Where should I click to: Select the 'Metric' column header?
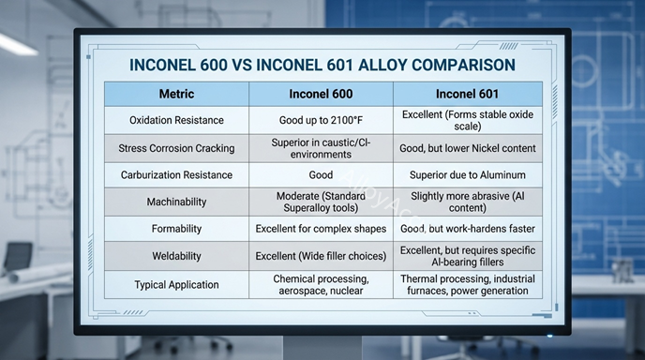click(176, 94)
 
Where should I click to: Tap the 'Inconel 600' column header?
click(321, 94)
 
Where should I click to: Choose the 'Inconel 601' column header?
click(467, 94)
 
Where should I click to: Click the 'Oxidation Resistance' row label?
click(177, 120)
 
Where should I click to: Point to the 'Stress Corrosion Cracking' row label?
click(177, 148)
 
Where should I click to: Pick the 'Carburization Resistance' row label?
click(177, 175)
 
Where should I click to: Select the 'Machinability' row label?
click(177, 202)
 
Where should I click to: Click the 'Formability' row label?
click(177, 229)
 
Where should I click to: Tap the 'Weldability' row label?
click(177, 256)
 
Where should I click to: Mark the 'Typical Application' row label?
click(177, 284)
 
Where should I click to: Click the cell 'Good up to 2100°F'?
click(321, 120)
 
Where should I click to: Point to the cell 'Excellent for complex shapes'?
click(321, 229)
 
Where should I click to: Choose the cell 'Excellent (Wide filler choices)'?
click(321, 256)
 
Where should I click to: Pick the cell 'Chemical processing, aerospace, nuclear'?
click(321, 284)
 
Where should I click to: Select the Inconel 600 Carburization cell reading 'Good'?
click(321, 175)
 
